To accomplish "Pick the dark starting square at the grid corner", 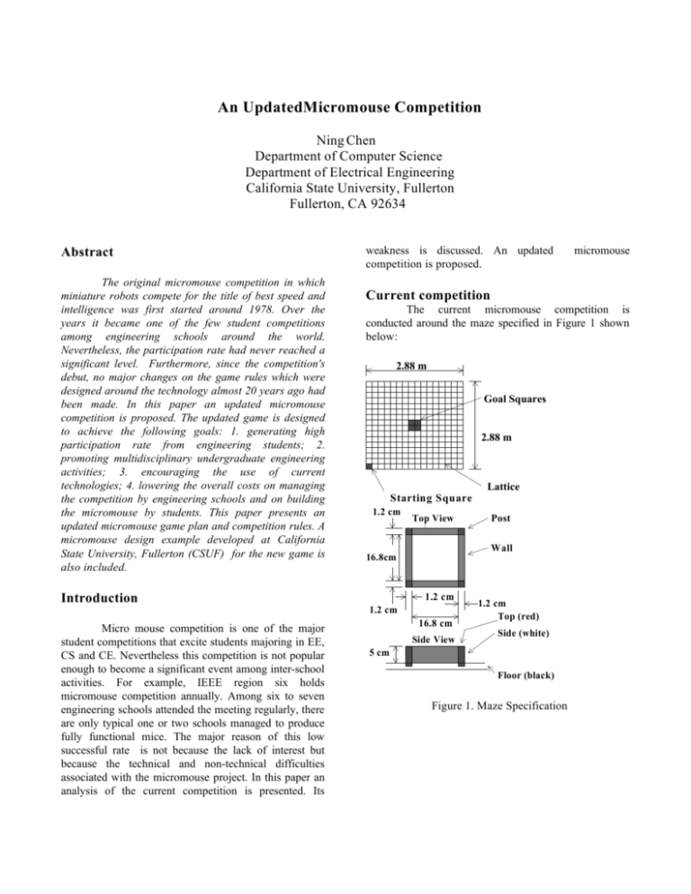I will click(369, 466).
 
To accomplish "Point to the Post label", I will click(505, 518).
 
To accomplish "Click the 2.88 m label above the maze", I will click(417, 367).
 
